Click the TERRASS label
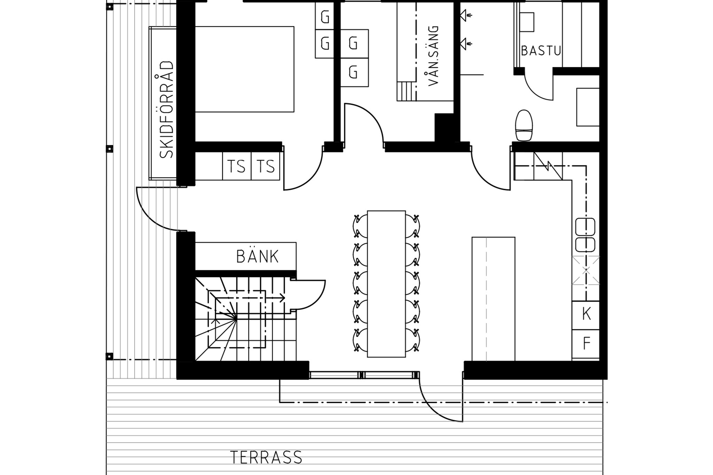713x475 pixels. click(x=266, y=458)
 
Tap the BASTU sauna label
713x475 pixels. click(x=541, y=51)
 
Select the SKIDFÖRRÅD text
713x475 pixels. click(x=166, y=110)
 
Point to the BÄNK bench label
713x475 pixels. click(x=257, y=257)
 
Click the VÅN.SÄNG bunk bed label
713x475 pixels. click(x=433, y=56)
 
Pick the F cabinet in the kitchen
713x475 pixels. click(x=586, y=344)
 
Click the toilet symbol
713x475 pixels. click(x=524, y=125)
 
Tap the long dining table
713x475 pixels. click(x=386, y=284)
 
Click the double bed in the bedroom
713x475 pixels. click(x=244, y=69)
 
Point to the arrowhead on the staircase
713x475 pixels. click(x=282, y=298)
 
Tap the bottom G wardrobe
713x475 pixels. click(x=354, y=72)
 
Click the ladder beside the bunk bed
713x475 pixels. click(x=407, y=91)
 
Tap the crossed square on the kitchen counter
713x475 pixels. click(x=586, y=270)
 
